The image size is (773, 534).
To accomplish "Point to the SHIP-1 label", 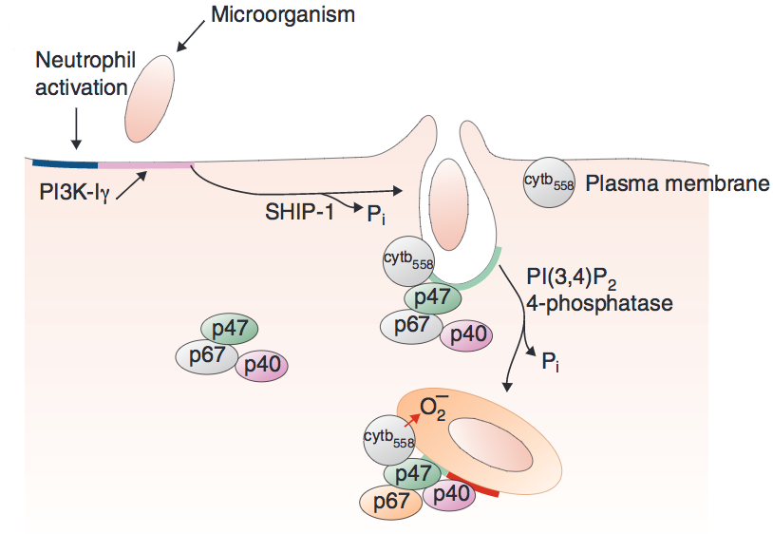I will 301,211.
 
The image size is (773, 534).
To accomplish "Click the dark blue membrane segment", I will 62,160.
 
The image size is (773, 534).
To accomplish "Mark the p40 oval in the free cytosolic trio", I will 261,364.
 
